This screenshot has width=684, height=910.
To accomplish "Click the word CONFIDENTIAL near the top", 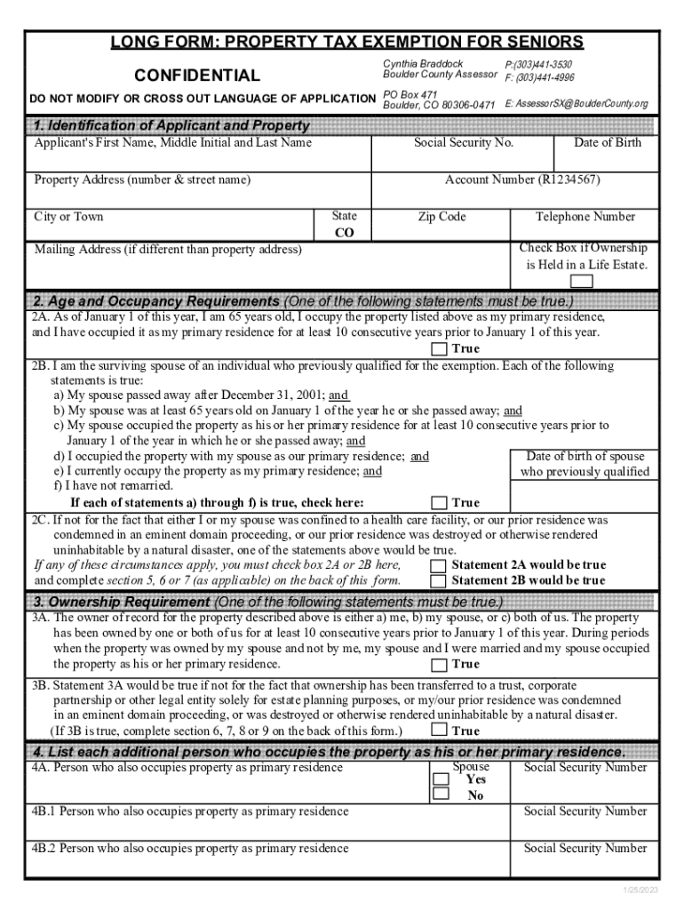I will tap(196, 76).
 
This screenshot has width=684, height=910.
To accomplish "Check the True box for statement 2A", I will tap(439, 349).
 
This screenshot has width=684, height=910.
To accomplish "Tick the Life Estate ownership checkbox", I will tap(582, 282).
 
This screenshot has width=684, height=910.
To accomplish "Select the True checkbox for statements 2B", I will tap(439, 503).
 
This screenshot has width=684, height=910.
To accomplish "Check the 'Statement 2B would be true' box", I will tap(439, 581).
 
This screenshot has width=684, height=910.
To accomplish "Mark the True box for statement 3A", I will tap(439, 665).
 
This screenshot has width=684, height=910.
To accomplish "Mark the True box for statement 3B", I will tap(439, 730).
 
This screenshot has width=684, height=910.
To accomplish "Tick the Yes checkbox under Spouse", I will tap(441, 779).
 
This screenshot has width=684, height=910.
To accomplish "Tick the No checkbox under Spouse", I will tap(441, 794).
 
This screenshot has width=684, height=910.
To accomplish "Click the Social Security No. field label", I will tap(464, 143).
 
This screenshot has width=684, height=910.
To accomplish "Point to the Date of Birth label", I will tap(607, 143).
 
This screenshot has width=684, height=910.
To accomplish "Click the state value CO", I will tap(344, 233).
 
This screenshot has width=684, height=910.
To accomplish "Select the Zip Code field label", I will tap(441, 217).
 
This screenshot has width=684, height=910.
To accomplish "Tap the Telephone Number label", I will tap(585, 217).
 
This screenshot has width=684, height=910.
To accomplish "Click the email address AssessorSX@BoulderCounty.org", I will tap(577, 104).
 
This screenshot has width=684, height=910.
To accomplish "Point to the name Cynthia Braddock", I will tap(423, 64).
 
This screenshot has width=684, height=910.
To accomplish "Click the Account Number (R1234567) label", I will tap(522, 180).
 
